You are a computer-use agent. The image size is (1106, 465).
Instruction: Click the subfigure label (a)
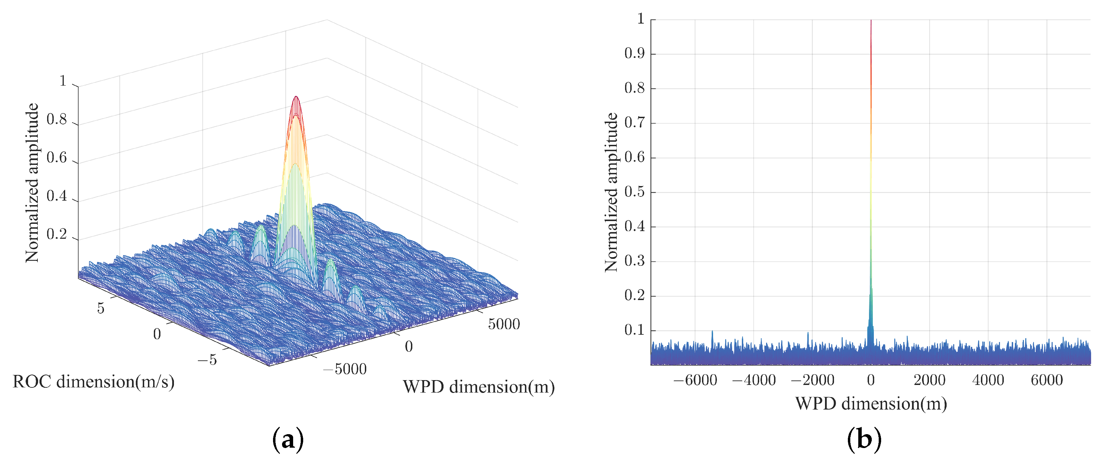point(288,440)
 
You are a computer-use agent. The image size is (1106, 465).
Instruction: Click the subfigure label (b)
point(864,440)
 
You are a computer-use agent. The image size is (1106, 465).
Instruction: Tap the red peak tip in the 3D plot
point(296,97)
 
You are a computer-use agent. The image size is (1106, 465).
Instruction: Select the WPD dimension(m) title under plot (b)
point(871,404)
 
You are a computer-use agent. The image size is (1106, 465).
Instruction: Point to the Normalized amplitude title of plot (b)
point(611,192)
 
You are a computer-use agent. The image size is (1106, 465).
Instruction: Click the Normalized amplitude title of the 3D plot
point(32,183)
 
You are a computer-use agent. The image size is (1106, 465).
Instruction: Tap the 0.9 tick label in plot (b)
point(634,54)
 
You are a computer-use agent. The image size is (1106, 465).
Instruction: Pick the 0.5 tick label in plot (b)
point(634,192)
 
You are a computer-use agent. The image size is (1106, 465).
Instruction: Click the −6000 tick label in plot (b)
point(695,380)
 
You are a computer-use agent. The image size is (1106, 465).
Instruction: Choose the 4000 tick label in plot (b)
point(988,380)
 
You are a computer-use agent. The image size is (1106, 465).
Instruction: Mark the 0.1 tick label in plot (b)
point(634,330)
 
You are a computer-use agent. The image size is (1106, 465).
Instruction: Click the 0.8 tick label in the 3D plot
point(57,120)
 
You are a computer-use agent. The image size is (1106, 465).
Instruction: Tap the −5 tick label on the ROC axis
point(207,360)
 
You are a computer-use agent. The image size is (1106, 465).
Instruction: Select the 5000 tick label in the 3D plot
point(504,324)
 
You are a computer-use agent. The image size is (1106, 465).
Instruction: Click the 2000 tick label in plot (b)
point(930,380)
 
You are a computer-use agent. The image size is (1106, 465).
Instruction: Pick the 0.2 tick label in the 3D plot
point(57,235)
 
